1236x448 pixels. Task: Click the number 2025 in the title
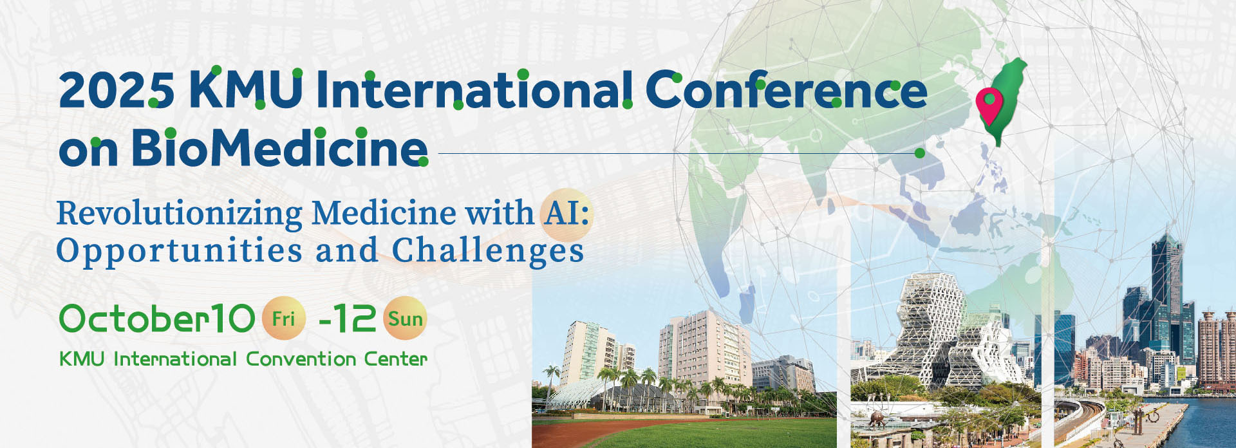(117, 90)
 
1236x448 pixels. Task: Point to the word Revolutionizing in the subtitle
(180, 214)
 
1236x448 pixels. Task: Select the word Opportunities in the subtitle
(180, 251)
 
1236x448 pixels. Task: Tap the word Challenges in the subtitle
(488, 250)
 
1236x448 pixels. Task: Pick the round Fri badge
(283, 318)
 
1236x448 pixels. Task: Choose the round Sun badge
(405, 318)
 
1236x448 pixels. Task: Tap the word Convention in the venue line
(301, 359)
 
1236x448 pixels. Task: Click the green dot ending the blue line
(920, 153)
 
